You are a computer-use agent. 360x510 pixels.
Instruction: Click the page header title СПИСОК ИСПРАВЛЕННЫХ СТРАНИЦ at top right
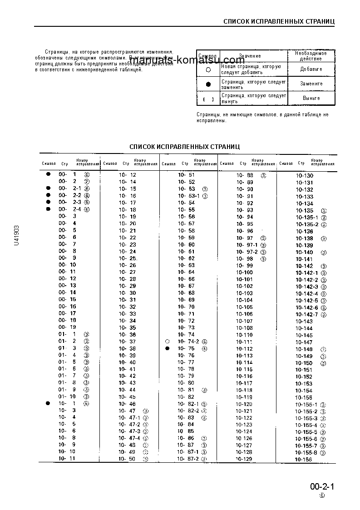(279, 21)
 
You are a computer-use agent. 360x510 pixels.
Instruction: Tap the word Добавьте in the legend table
(311, 69)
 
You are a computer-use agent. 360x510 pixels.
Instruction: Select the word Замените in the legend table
(311, 84)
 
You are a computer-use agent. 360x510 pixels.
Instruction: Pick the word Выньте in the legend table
(311, 98)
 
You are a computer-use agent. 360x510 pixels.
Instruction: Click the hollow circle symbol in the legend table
(208, 70)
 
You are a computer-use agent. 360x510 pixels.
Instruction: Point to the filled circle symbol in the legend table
(208, 84)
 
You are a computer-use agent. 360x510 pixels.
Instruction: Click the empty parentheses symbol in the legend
(208, 99)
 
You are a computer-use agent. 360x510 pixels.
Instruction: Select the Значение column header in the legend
(250, 56)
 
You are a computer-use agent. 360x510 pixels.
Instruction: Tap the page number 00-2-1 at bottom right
(322, 487)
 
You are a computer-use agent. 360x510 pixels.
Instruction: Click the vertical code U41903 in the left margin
(17, 235)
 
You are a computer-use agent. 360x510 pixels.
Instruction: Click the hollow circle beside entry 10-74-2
(168, 342)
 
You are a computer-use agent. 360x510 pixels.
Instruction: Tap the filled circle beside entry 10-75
(168, 348)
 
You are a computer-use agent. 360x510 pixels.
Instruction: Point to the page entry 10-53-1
(186, 196)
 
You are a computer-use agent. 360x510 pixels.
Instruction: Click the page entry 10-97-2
(247, 252)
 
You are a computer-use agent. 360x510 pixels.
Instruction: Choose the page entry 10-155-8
(306, 453)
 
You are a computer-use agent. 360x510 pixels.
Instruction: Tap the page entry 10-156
(304, 460)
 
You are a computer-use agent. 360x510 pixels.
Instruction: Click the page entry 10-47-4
(129, 438)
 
